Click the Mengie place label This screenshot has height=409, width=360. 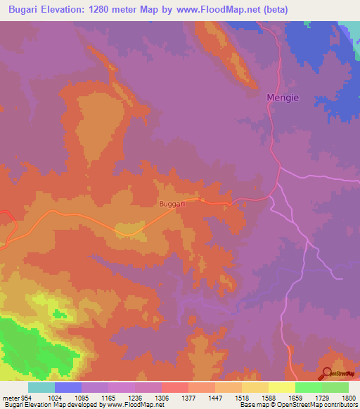pos(285,98)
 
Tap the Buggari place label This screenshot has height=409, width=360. pos(172,204)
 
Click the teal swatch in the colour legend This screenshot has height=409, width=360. pos(41,387)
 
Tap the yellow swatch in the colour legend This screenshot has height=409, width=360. pos(282,387)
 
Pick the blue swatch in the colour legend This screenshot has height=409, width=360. pos(68,387)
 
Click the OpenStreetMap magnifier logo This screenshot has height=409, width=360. pos(326,374)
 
